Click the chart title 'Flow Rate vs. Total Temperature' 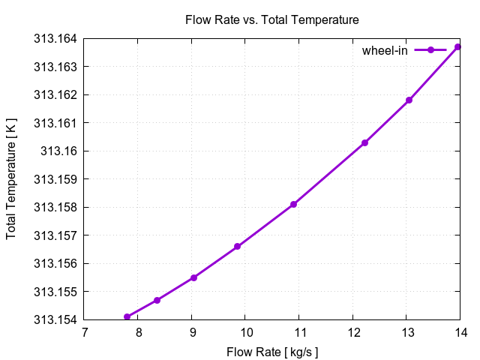(x=271, y=19)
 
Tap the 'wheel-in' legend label (x=385, y=50)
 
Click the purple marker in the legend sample (x=430, y=50)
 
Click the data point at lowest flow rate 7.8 (x=127, y=316)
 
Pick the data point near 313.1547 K (x=157, y=300)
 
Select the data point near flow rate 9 (x=193, y=277)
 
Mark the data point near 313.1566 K (x=237, y=246)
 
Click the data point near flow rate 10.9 (x=293, y=204)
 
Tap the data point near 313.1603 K (x=364, y=142)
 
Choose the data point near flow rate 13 (x=409, y=100)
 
